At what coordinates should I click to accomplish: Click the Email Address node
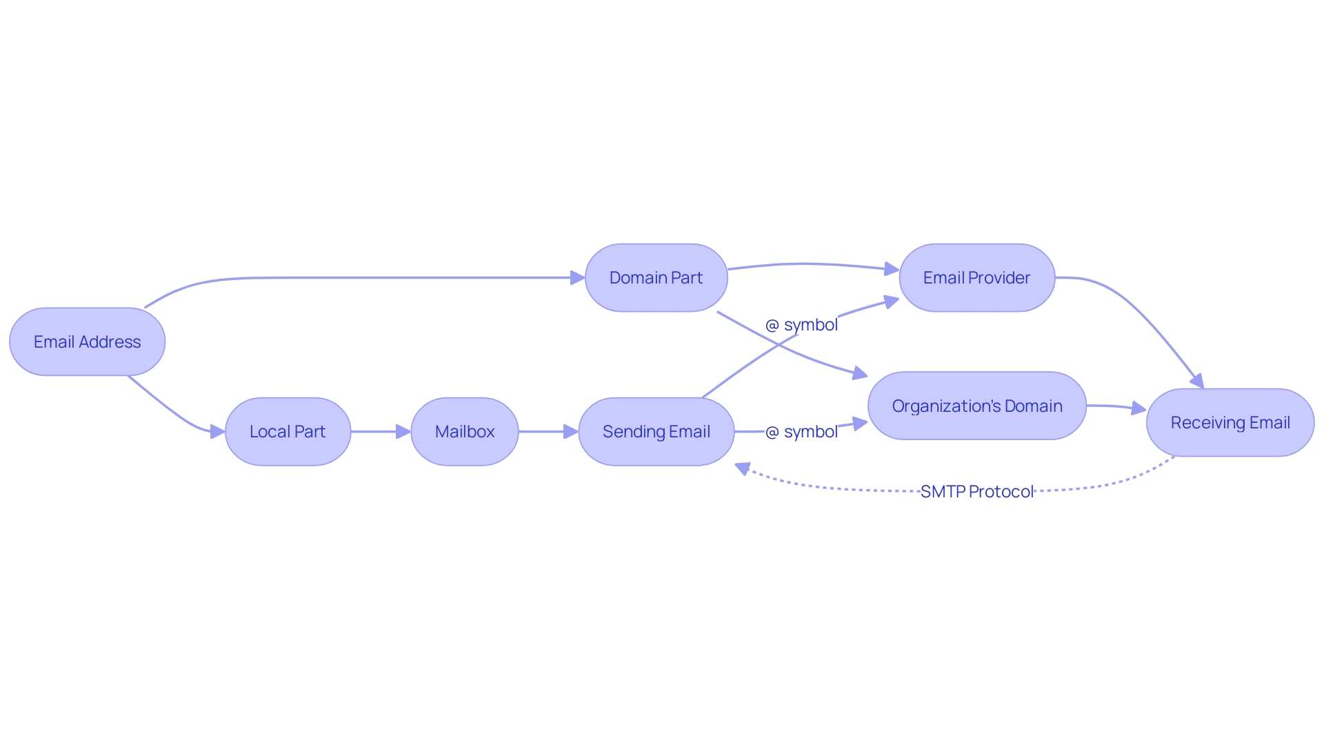coord(87,341)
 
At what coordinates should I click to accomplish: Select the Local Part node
coord(288,431)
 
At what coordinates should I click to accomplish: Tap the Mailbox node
coord(464,431)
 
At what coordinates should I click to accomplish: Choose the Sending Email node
coord(656,431)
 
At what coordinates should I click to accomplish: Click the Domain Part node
coord(656,277)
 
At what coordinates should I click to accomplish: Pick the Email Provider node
coord(976,277)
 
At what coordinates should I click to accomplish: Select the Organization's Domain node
coord(976,406)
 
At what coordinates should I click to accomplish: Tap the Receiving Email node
coord(1230,422)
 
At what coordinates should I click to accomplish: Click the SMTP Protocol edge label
coord(976,491)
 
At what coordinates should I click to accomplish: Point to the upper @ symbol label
coord(801,324)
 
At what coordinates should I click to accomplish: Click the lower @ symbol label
coord(801,431)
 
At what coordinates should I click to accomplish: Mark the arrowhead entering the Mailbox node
coord(403,431)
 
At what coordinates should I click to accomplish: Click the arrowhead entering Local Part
coord(217,432)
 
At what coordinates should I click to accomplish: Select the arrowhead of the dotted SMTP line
coord(743,468)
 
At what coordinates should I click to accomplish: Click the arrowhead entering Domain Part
coord(578,277)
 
